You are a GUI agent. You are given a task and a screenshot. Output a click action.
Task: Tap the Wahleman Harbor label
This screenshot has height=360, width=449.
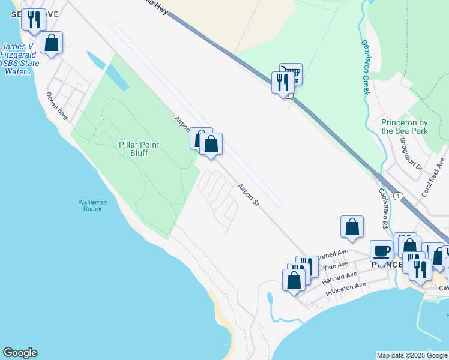(93, 206)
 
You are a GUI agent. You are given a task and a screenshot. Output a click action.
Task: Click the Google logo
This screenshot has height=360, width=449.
(20, 353)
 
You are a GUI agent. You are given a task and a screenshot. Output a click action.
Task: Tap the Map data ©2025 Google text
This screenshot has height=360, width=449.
(412, 355)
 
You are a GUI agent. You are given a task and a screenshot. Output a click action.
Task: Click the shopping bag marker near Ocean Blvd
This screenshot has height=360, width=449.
(52, 43)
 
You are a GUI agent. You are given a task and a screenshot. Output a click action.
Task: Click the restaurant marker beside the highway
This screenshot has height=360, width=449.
(283, 82)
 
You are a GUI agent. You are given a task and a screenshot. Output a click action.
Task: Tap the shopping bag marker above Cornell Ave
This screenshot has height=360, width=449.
(352, 227)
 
